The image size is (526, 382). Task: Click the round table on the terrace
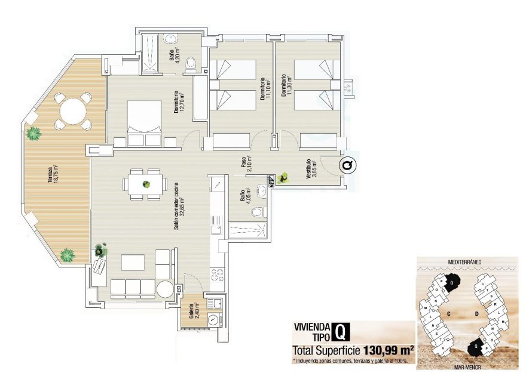[x=72, y=110]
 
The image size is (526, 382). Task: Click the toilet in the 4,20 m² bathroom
[x=191, y=63]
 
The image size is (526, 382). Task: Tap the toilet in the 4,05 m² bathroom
[x=258, y=212]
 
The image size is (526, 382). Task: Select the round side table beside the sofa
[x=165, y=289]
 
